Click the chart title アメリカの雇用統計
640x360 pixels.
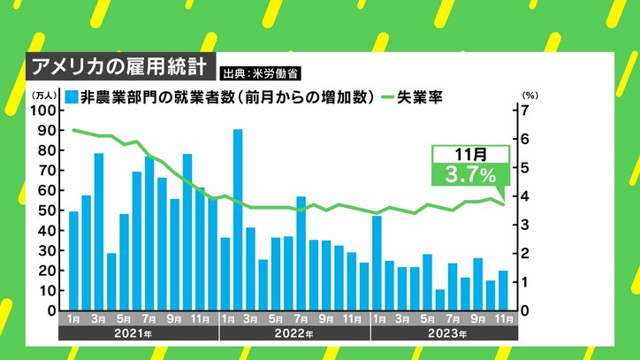point(118,66)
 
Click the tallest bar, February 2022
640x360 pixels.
point(238,220)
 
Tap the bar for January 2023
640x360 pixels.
point(377,263)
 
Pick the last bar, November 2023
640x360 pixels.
point(503,290)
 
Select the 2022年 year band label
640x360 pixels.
point(294,333)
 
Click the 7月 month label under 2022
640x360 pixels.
point(301,318)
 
